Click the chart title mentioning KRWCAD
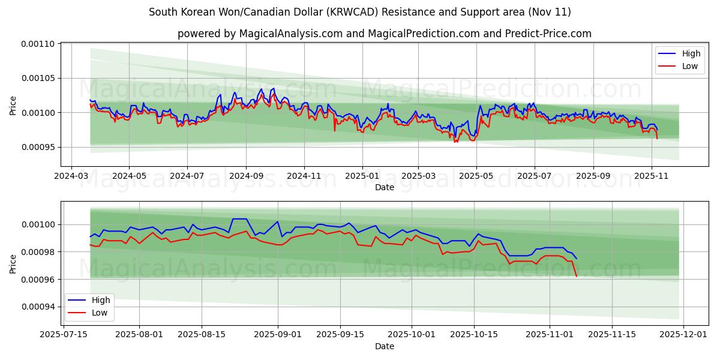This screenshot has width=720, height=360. pyautogui.click(x=359, y=12)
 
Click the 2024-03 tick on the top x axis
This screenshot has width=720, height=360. pyautogui.click(x=72, y=176)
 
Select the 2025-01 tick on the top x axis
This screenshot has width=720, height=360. pyautogui.click(x=362, y=176)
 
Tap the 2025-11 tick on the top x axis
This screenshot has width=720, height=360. pyautogui.click(x=651, y=176)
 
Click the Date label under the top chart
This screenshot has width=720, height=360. pyautogui.click(x=384, y=187)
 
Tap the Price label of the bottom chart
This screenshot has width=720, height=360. pyautogui.click(x=13, y=263)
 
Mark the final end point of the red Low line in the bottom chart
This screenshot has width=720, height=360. pyautogui.click(x=577, y=276)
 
